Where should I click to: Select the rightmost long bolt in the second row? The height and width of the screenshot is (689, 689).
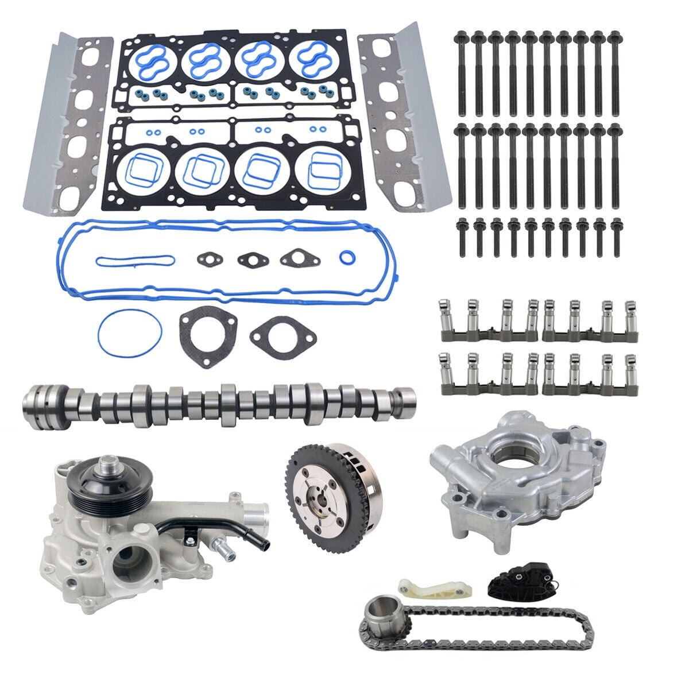coord(614,164)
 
